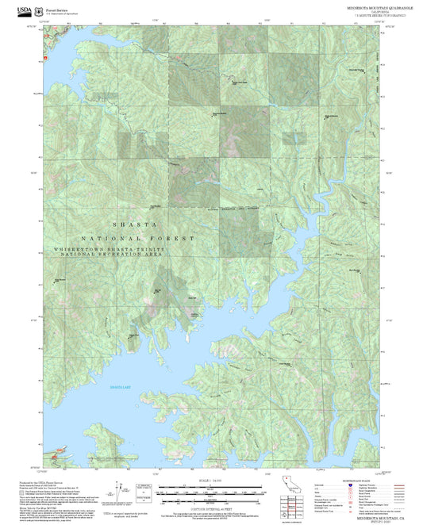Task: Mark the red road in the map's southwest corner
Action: pyautogui.click(x=53, y=454)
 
